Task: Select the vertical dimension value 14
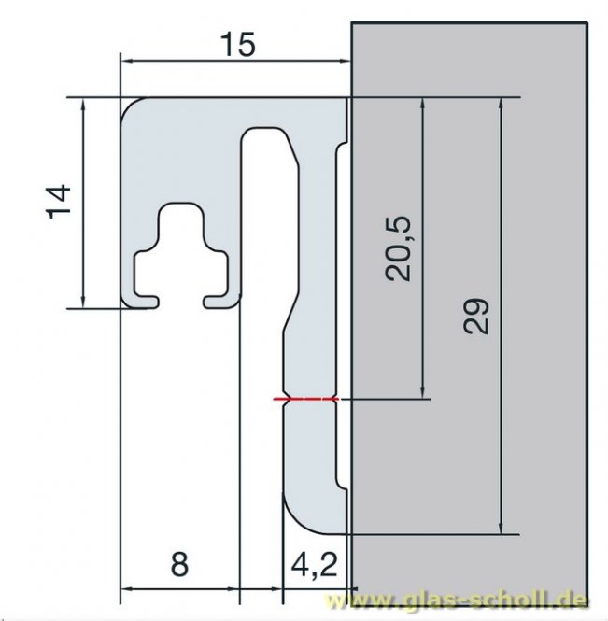pyautogui.click(x=58, y=202)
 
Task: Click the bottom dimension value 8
pyautogui.click(x=179, y=564)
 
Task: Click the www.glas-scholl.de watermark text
pyautogui.click(x=466, y=599)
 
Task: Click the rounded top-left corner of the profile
pyautogui.click(x=133, y=108)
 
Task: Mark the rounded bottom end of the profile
pyautogui.click(x=304, y=518)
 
